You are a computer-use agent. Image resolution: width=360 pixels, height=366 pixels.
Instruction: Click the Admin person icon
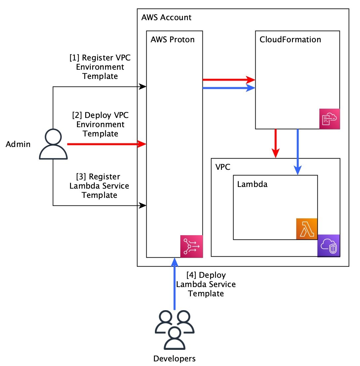(53, 145)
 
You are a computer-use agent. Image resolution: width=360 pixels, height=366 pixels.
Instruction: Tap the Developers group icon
(175, 330)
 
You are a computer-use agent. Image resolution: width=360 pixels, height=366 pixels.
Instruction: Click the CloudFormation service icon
(330, 118)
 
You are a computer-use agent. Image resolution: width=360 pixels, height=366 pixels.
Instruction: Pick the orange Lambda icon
(306, 229)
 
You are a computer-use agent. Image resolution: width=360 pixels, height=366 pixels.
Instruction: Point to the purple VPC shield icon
(329, 245)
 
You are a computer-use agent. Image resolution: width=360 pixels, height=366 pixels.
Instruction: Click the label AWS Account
(166, 17)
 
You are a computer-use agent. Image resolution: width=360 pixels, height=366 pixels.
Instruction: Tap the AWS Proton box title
(172, 40)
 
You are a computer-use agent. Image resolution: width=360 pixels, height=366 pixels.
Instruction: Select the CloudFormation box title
(290, 40)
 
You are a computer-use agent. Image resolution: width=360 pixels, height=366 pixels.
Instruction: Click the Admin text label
(18, 144)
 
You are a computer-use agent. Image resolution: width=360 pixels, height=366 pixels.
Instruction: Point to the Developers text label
(174, 358)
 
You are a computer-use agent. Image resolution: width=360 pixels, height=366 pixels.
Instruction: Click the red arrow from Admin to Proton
(106, 144)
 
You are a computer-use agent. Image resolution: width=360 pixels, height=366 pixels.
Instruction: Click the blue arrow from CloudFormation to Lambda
(298, 152)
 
